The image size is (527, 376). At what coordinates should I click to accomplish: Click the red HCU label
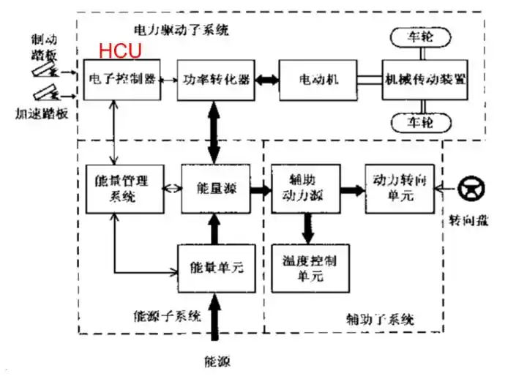120,52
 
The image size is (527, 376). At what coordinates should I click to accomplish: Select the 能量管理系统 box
117,188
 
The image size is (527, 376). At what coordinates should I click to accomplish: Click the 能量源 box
213,188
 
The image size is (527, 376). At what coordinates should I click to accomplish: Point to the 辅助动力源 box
301,188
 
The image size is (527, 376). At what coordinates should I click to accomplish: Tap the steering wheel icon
468,189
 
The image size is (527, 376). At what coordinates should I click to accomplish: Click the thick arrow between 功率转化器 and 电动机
264,79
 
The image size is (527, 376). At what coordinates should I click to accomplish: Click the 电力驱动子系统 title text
182,30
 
